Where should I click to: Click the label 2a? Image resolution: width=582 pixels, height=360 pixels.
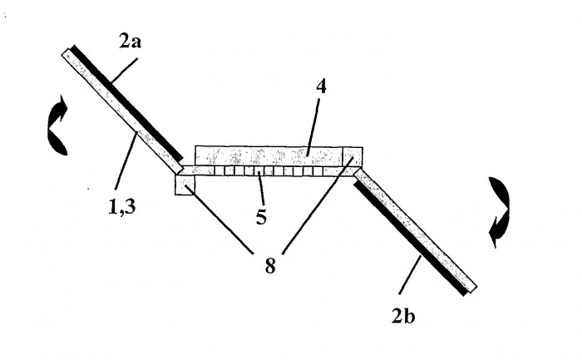(x=130, y=42)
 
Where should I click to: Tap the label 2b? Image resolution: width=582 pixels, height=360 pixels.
(x=403, y=317)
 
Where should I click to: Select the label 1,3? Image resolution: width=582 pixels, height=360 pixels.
(x=121, y=207)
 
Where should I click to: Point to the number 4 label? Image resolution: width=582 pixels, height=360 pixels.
(x=322, y=86)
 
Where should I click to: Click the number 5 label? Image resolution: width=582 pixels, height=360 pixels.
(x=261, y=217)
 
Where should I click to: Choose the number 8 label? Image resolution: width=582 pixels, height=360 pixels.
(x=270, y=266)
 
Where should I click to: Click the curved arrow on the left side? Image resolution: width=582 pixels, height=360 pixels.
(x=57, y=126)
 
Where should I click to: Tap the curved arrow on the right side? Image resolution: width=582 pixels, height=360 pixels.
(x=499, y=212)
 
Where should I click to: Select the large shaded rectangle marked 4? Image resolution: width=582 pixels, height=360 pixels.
(x=269, y=156)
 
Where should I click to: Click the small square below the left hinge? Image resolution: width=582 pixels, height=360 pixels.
(x=185, y=185)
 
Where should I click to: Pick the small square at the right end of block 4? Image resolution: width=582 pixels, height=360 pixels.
(x=353, y=156)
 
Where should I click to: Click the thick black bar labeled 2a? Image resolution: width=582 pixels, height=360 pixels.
(x=127, y=103)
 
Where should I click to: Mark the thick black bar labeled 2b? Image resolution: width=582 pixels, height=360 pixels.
(x=410, y=239)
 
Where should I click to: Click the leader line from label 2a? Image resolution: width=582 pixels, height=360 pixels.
(x=125, y=70)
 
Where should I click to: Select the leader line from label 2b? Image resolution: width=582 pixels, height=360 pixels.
(x=410, y=274)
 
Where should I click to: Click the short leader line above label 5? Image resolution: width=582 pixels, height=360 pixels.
(x=261, y=188)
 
